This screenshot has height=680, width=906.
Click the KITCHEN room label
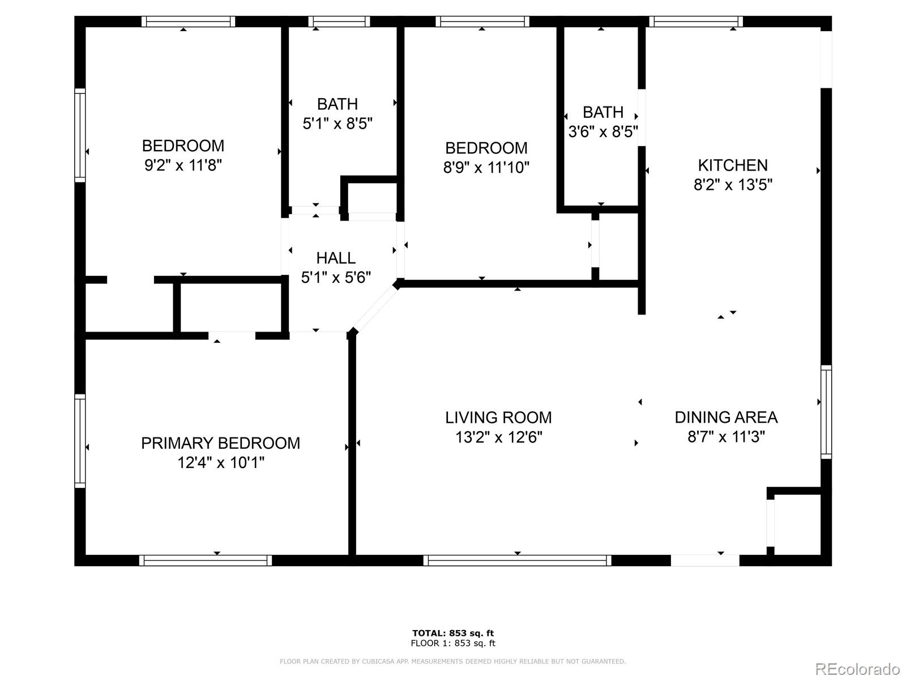coord(733,165)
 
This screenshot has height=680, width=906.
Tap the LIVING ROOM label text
coord(498,418)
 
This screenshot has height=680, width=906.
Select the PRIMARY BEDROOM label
coord(220,443)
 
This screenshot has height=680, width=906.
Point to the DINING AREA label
coord(726,418)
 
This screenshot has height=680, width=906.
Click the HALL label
coord(336,258)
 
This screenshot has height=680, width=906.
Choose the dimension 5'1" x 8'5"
coord(337,124)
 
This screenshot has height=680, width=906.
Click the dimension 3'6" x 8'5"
coord(603,131)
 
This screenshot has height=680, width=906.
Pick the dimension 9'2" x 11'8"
coord(183,165)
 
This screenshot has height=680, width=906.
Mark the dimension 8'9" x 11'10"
coord(486,168)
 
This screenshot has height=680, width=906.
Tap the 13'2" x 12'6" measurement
coord(499,437)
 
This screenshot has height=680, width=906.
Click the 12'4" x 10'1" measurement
coord(221,463)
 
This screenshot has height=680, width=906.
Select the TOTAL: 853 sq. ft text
coord(453,633)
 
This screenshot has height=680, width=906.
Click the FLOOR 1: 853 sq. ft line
coord(453,643)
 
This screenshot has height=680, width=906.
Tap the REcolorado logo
coord(856,669)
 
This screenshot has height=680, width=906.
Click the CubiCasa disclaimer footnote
coord(453,661)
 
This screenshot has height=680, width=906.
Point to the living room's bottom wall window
coord(517,560)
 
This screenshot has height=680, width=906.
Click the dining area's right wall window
coord(826,412)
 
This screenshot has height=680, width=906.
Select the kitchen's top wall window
coord(696,22)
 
